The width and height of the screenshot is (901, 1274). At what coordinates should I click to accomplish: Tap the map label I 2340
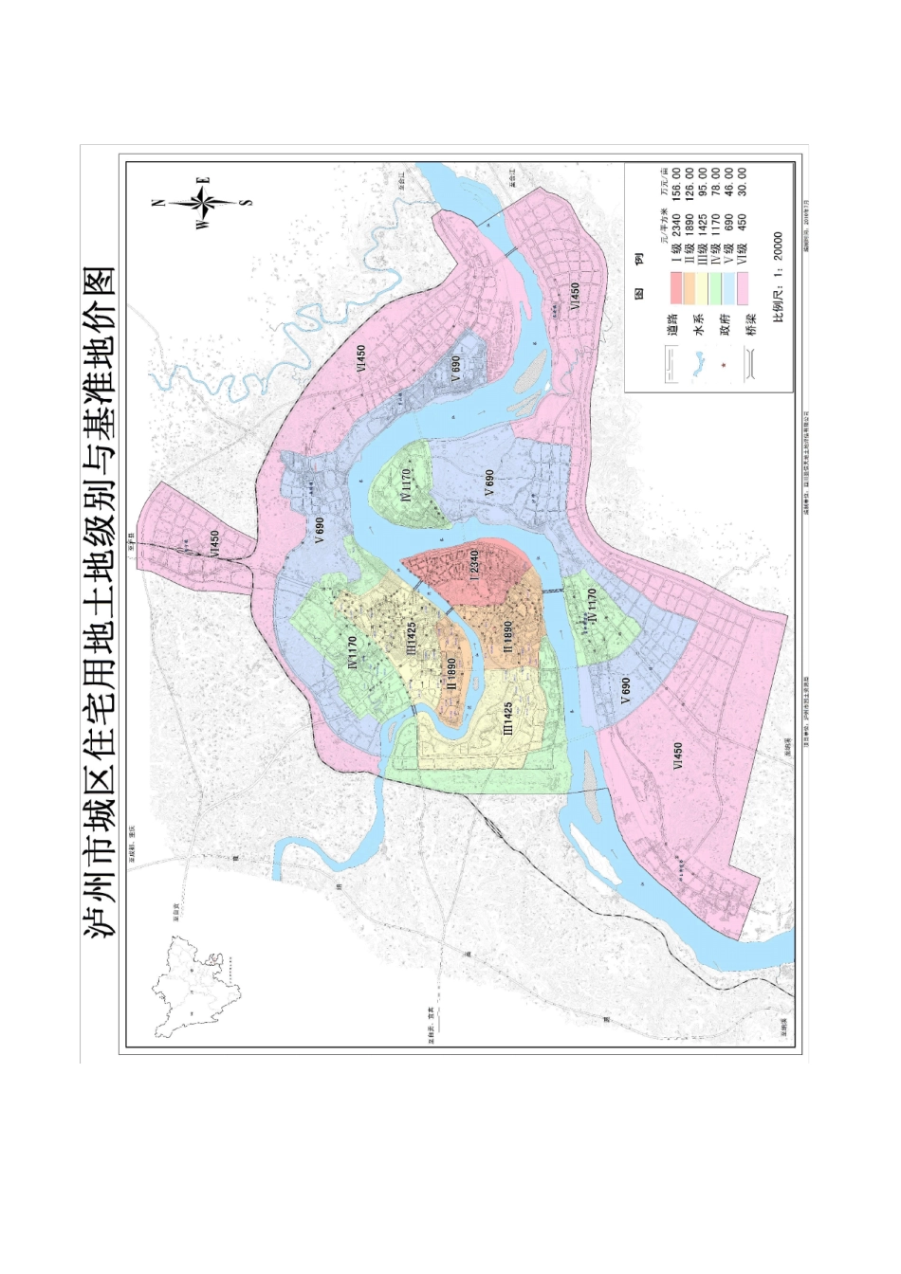point(474,565)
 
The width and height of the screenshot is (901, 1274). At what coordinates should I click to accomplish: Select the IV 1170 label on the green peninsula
point(406,484)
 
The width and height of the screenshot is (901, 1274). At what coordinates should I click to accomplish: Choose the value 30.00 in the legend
point(742,180)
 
